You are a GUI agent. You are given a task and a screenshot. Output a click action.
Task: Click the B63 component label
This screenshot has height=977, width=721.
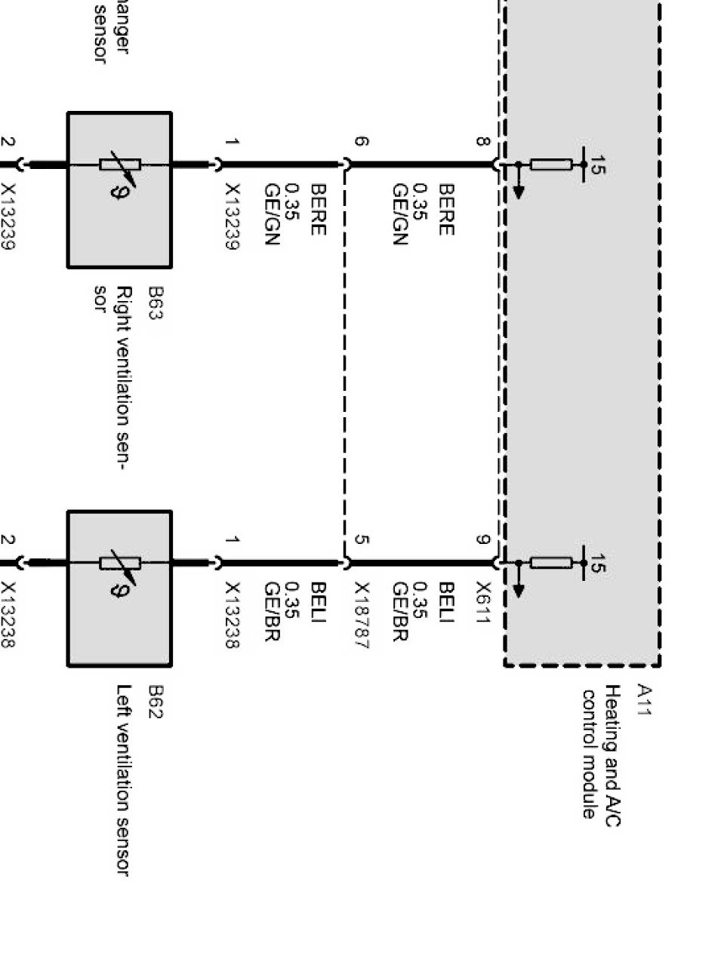(155, 303)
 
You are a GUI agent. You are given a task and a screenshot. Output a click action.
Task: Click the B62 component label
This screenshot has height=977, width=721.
(155, 702)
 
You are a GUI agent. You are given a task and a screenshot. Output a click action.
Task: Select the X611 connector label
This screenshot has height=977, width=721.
(484, 603)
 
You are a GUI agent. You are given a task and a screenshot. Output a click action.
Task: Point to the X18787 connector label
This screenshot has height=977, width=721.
(362, 615)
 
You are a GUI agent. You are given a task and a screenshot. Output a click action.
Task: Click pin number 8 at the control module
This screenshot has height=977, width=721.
(482, 141)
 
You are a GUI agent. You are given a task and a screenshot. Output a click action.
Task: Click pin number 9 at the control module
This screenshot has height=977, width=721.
(482, 539)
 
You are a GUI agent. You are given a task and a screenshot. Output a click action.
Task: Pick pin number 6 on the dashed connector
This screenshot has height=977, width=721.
(362, 141)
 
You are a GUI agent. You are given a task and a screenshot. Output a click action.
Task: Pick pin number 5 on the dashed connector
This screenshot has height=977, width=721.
(362, 539)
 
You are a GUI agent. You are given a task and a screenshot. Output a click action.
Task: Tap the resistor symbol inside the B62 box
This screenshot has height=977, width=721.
(120, 563)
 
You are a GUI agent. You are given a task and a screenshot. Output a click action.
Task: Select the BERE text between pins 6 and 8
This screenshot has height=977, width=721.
(446, 210)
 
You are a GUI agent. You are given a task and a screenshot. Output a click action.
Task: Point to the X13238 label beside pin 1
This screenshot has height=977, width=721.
(232, 615)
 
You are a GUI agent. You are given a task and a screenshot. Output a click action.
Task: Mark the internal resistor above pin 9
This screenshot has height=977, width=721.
(550, 563)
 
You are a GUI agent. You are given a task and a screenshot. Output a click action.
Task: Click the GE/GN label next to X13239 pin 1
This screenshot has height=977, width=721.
(273, 214)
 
